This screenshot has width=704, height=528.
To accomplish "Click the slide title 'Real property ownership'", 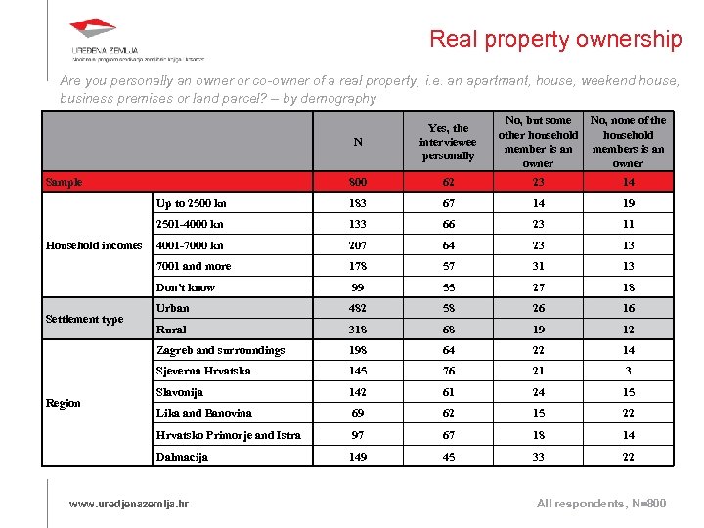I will coord(555,40).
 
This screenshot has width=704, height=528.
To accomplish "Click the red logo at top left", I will coord(94,31).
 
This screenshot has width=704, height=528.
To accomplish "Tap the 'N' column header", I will coord(358,142).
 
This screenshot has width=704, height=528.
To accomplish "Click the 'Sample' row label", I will coord(65,182).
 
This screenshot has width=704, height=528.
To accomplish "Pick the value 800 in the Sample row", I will coord(358,182).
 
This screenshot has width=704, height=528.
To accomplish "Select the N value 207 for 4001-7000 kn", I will coord(358,245).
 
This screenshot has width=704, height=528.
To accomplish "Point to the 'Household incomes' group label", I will coord(94,245).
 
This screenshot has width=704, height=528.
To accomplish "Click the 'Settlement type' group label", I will coord(84,319).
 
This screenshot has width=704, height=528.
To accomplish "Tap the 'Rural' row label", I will coord(171,330).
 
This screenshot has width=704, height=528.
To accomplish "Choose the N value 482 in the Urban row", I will coord(358,308).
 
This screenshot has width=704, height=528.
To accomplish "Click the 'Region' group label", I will coord(64,403).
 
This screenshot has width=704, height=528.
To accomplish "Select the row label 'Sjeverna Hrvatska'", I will coord(203,371).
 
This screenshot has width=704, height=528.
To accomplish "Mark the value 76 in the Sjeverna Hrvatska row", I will coord(448,371).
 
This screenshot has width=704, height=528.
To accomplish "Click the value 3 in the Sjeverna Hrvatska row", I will coord(628,371).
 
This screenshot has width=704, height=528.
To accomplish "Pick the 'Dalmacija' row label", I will coord(182,457).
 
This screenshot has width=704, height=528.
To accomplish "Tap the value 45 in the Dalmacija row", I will coord(448,457).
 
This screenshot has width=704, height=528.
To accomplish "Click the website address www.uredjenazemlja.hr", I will coord(129,503).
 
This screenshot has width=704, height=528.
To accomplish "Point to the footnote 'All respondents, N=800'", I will coord(601,503).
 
